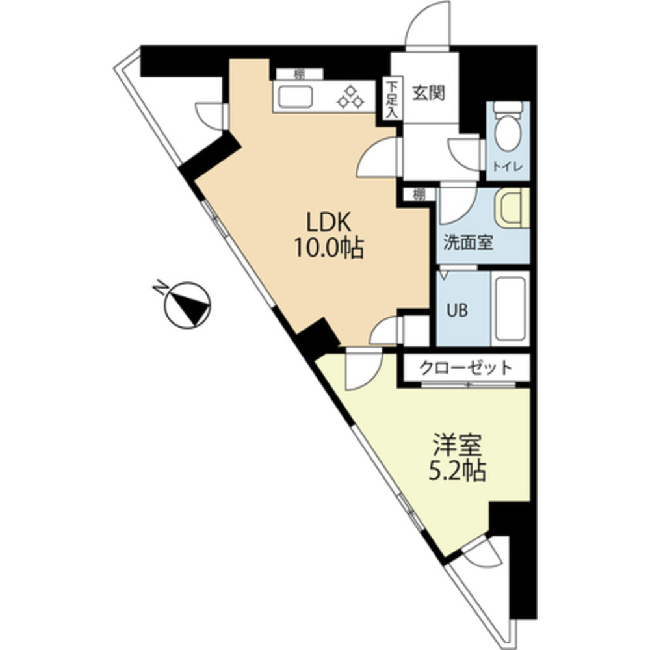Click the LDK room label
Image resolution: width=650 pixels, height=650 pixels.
point(329,222)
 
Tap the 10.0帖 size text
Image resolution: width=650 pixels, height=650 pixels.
point(329,249)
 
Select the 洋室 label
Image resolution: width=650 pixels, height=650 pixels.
point(457,445)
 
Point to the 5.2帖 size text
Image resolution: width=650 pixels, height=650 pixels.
point(457,471)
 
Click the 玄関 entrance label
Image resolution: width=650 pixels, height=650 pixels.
point(428,94)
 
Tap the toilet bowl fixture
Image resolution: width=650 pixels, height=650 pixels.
point(508,127)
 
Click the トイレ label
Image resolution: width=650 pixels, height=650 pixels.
point(508,166)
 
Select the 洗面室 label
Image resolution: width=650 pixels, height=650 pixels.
point(469,242)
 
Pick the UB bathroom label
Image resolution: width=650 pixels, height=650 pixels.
point(457,309)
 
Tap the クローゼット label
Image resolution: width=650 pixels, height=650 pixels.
point(466,367)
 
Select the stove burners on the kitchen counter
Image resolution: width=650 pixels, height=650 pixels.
point(351,97)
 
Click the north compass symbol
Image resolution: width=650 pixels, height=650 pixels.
point(188,305)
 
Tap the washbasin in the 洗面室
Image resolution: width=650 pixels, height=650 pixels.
point(512,207)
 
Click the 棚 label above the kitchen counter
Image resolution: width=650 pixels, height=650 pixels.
point(299,74)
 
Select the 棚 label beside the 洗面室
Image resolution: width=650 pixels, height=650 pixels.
point(419,194)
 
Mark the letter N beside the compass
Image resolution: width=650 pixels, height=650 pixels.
point(161,287)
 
